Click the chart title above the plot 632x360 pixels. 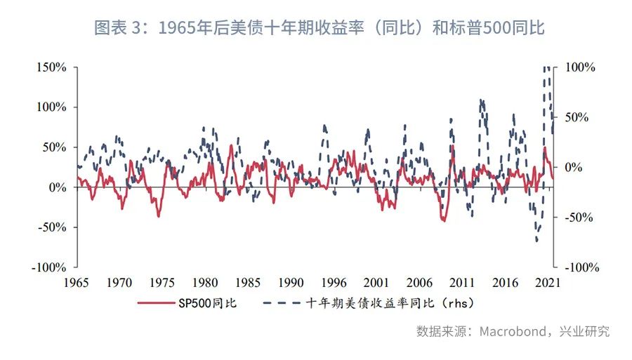coord(320,28)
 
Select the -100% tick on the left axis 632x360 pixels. coord(48,268)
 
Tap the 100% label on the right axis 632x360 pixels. coord(581,67)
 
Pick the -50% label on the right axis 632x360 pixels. coord(581,218)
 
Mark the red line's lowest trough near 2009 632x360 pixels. coord(444,221)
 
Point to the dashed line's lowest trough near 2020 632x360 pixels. coord(536,241)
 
